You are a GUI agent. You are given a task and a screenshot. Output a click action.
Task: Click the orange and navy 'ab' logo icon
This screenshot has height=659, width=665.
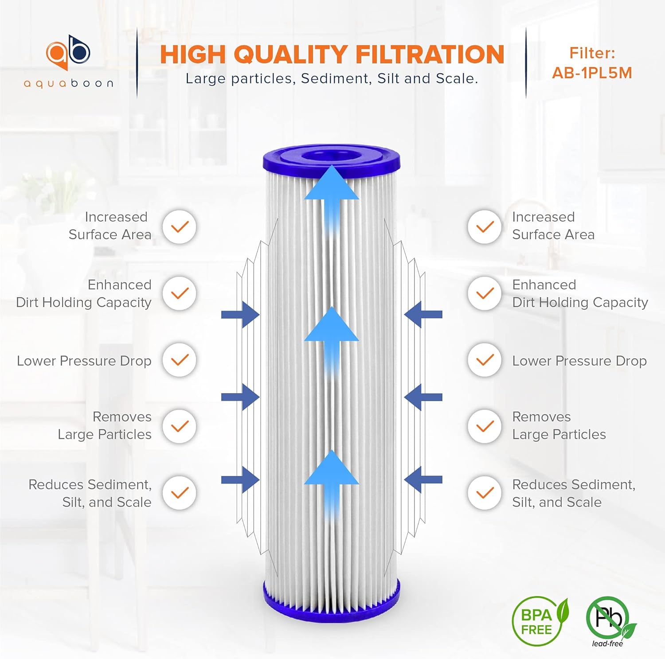[68, 52]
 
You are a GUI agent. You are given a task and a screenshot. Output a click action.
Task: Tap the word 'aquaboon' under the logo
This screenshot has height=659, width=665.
[69, 83]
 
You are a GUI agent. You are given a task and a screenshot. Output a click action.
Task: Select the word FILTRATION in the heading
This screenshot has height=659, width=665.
[430, 55]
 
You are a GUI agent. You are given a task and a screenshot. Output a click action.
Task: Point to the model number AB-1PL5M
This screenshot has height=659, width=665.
[592, 73]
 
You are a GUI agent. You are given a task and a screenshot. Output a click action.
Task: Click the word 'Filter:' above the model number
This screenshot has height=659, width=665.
[592, 53]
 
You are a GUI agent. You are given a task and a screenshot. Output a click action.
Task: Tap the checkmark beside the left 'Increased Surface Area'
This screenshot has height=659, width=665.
[180, 227]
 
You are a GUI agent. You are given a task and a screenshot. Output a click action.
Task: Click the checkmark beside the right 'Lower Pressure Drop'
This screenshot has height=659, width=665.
[485, 360]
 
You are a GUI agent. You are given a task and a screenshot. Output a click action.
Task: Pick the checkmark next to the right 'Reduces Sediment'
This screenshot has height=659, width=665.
[485, 493]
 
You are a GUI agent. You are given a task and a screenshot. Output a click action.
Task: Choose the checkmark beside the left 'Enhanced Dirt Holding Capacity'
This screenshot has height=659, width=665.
[180, 293]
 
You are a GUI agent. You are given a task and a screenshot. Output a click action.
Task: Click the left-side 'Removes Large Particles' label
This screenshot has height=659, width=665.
[105, 425]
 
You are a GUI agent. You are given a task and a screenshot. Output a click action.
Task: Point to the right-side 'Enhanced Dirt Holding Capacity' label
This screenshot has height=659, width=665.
[579, 293]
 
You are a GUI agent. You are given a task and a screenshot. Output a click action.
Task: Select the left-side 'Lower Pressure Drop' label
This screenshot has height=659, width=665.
[84, 361]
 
